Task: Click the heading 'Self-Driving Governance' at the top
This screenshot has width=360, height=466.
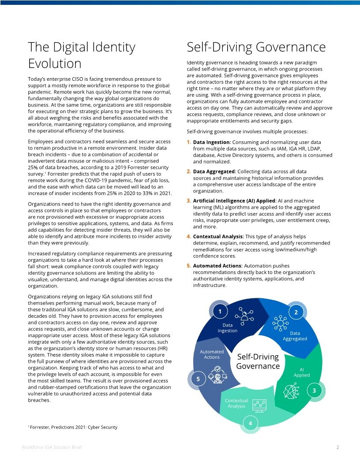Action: [x=256, y=47]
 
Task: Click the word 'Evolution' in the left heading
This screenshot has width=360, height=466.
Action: [x=55, y=63]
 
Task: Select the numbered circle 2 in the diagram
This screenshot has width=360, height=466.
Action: [x=296, y=312]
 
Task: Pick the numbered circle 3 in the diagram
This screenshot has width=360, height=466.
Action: [x=314, y=391]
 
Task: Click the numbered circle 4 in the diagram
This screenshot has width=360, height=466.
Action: [x=250, y=424]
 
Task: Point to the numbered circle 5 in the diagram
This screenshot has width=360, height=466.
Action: [x=198, y=379]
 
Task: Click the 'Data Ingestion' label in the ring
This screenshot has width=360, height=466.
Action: [x=228, y=328]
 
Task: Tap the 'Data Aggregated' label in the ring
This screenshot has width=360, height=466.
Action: [x=295, y=336]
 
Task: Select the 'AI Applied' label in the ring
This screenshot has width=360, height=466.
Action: [x=302, y=372]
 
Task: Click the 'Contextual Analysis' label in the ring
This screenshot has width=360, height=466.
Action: [x=236, y=403]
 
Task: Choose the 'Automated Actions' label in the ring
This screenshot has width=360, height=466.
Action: [x=212, y=354]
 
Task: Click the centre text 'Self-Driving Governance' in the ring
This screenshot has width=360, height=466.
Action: [x=258, y=361]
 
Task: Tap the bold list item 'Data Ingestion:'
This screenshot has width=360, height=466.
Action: [x=212, y=142]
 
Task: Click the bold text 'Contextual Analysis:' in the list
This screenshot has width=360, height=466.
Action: [x=218, y=237]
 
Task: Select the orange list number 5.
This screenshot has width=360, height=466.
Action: [x=188, y=266]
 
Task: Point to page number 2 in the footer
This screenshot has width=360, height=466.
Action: [x=337, y=447]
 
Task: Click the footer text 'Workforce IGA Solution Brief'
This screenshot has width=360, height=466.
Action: [x=52, y=447]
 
